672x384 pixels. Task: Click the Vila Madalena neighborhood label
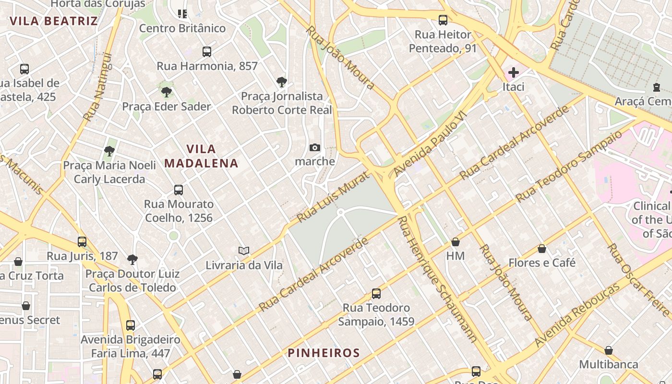coord(201,156)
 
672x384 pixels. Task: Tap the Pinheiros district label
coord(324,353)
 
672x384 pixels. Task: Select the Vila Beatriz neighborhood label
coord(53,21)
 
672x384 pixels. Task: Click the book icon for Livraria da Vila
coord(244,251)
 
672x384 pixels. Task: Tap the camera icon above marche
coord(315,147)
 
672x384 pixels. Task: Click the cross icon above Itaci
coord(514,72)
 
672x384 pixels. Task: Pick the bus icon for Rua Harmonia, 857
coord(207,52)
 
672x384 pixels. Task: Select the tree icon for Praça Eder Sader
coord(167,92)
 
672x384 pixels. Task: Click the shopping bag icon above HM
coord(456,242)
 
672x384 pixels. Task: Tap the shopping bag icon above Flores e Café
coord(542,249)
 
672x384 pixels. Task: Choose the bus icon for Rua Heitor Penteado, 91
coord(443,20)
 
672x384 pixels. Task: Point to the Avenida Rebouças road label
coord(577,315)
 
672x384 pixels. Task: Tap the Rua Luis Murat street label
coord(327,198)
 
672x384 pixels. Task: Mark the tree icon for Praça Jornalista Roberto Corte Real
coord(282,82)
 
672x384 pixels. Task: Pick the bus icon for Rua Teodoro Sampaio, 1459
coord(376,293)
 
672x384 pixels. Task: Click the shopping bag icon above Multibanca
coord(609,350)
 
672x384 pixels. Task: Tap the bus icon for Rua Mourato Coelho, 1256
coord(179,190)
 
